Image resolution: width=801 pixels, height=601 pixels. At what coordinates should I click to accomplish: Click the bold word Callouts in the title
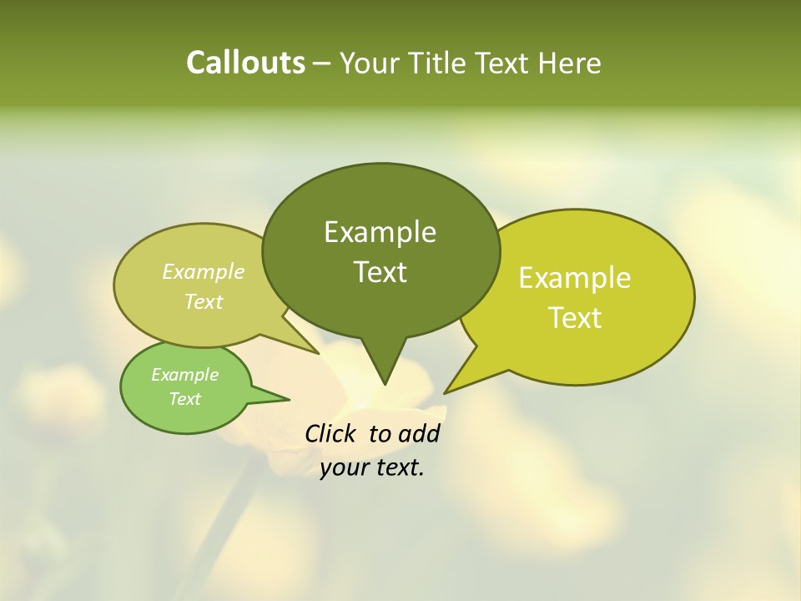[x=245, y=63]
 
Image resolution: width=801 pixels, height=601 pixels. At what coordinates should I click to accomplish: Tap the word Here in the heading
[x=569, y=63]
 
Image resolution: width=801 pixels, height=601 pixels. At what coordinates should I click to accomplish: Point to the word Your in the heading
[x=370, y=63]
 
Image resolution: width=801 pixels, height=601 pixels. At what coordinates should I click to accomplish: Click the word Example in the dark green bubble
[x=380, y=232]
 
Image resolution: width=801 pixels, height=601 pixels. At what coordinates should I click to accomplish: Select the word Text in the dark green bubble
[x=380, y=272]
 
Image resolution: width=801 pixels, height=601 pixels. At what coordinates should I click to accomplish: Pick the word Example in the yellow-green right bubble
[x=575, y=278]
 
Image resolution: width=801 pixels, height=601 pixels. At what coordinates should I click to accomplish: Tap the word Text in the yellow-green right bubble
[x=575, y=318]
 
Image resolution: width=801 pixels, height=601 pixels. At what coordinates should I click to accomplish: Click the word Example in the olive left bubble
[x=204, y=271]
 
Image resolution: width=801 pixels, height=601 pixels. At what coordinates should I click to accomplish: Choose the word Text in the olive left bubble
[x=204, y=301]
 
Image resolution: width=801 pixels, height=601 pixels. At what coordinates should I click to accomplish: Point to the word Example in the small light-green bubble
[x=184, y=375]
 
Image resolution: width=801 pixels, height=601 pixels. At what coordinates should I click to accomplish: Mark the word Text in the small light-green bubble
[x=184, y=399]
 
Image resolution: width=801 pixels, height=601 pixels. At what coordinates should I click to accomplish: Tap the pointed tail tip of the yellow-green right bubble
[x=446, y=392]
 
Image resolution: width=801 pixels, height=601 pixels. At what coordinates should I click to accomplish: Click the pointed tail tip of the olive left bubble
[x=318, y=353]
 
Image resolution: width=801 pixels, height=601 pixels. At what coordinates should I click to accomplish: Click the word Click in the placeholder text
[x=331, y=433]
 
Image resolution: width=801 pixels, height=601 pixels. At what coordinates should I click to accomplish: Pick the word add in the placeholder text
[x=418, y=433]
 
